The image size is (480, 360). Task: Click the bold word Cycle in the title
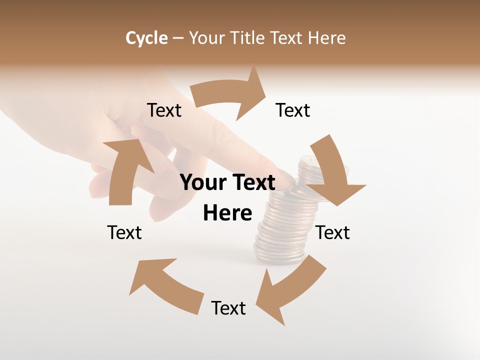tap(146, 38)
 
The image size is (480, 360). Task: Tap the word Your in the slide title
tap(206, 38)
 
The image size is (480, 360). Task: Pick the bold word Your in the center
tap(202, 183)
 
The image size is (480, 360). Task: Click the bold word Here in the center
tap(227, 213)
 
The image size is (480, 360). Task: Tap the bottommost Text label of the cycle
tap(228, 308)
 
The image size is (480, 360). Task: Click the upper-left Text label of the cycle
tap(164, 110)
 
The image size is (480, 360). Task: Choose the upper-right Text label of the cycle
tap(293, 110)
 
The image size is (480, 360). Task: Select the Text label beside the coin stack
tap(333, 232)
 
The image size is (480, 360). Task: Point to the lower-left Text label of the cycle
tap(124, 232)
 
